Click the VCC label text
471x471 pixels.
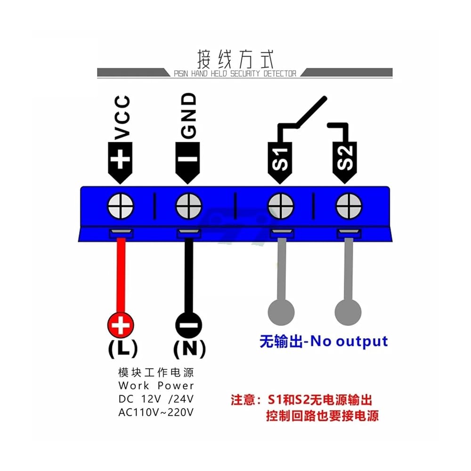(122, 118)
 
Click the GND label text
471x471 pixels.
(189, 116)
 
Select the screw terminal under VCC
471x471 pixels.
(121, 206)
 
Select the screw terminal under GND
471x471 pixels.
(189, 206)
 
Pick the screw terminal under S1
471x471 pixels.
(281, 206)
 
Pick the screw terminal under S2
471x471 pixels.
(349, 206)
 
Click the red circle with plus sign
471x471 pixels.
(121, 325)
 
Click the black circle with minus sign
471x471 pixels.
(189, 325)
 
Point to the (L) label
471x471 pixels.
(123, 349)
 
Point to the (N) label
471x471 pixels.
(189, 349)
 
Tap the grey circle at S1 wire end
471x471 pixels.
(281, 312)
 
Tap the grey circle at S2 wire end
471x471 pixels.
(348, 312)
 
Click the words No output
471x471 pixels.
(349, 341)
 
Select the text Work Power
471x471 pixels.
(156, 385)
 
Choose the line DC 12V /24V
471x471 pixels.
(156, 399)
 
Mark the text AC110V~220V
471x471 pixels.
(156, 412)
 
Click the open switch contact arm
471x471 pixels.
(311, 112)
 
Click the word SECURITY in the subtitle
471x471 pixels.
(245, 73)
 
